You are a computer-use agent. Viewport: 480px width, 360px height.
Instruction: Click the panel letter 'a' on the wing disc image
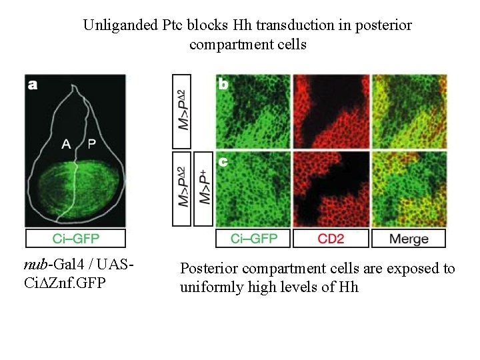pyautogui.click(x=33, y=85)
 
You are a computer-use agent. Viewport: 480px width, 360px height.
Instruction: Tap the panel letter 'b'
pyautogui.click(x=223, y=85)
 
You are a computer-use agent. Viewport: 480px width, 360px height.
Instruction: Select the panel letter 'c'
pyautogui.click(x=223, y=161)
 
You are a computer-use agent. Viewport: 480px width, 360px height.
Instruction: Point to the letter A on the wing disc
pyautogui.click(x=67, y=143)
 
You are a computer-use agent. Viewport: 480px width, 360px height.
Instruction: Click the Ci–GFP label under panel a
pyautogui.click(x=75, y=239)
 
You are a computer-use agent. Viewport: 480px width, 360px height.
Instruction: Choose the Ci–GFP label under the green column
pyautogui.click(x=254, y=239)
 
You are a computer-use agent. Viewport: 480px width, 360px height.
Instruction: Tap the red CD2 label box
pyautogui.click(x=331, y=239)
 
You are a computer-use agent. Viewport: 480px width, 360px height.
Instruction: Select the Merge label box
pyautogui.click(x=409, y=239)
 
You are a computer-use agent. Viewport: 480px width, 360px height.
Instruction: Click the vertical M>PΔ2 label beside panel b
pyautogui.click(x=182, y=111)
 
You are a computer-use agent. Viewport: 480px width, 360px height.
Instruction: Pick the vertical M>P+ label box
pyautogui.click(x=203, y=189)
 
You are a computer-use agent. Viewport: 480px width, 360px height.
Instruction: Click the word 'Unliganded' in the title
pyautogui.click(x=120, y=26)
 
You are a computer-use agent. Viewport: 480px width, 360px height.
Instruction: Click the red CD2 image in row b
pyautogui.click(x=331, y=111)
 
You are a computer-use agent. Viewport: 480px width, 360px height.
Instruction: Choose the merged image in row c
pyautogui.click(x=409, y=189)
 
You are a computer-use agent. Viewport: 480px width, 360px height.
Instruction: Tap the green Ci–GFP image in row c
pyautogui.click(x=253, y=189)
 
